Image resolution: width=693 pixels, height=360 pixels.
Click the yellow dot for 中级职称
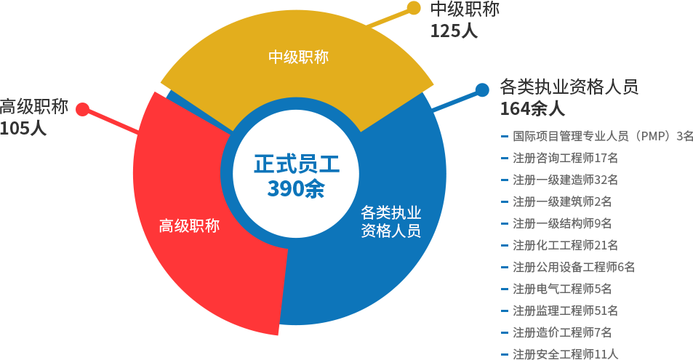[x=414, y=8]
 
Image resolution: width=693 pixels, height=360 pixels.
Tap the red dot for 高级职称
[x=83, y=110]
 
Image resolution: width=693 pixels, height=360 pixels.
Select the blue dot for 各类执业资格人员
[x=481, y=90]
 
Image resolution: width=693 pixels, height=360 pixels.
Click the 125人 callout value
[x=454, y=31]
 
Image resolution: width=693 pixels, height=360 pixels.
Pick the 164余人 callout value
[x=532, y=109]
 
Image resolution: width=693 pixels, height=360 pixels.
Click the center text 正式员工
[x=296, y=164]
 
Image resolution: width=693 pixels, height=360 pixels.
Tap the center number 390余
[x=296, y=189]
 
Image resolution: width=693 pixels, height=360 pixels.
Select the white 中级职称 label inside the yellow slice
[x=298, y=57]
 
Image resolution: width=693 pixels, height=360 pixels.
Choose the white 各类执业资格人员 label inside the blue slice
[x=391, y=223]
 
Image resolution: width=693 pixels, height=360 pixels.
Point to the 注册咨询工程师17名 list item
[x=565, y=157]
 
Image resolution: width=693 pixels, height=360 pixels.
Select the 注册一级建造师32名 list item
[x=565, y=179]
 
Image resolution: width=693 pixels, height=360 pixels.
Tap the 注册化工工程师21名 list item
[x=565, y=244]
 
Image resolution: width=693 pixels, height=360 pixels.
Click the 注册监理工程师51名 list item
[x=565, y=311]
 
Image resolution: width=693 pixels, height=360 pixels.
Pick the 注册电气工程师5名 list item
[x=561, y=289]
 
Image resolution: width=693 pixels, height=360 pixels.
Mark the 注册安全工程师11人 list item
[x=565, y=354]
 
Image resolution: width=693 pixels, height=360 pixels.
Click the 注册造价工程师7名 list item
[x=561, y=332]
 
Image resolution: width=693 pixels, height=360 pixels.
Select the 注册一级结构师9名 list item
[x=561, y=223]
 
